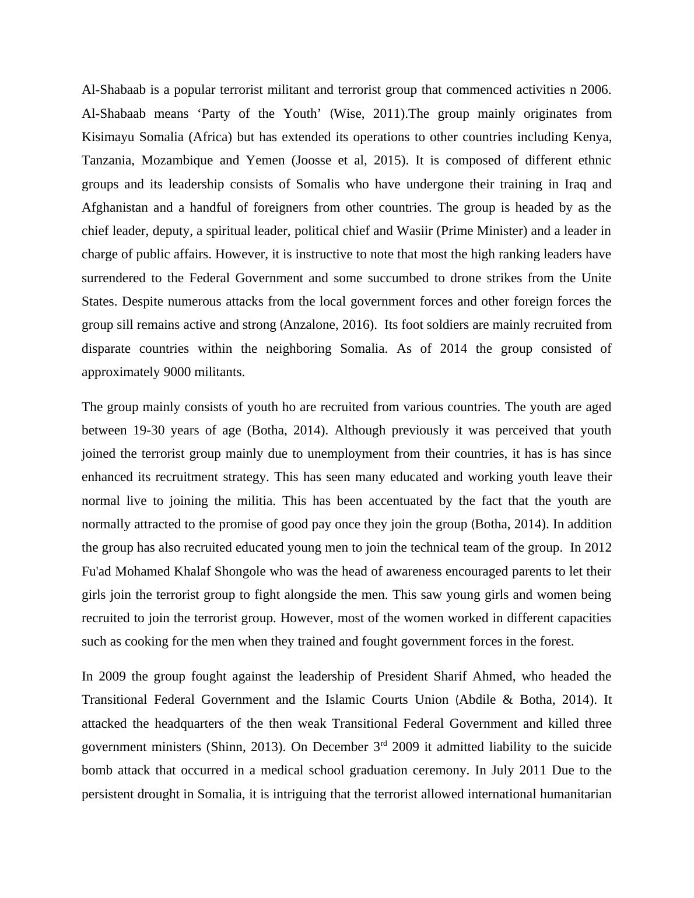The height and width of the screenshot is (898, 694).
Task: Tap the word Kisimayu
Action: [x=109, y=137]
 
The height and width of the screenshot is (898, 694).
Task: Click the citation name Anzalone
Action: [x=309, y=325]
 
